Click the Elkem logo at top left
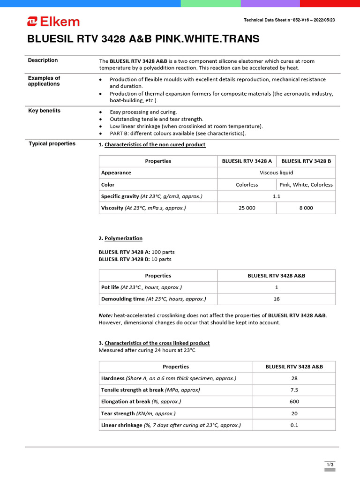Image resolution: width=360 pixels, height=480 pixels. pos(53,22)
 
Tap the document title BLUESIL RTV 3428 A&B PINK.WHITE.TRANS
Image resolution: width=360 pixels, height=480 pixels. pos(143,39)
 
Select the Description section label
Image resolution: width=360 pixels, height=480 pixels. pos(43,60)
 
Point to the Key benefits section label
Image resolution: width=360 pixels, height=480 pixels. pos(44,111)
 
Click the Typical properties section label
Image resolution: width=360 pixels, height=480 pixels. pos(52,143)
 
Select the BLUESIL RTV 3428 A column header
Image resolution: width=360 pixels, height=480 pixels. pos(247,161)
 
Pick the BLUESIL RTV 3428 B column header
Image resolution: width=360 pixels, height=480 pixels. pos(306,161)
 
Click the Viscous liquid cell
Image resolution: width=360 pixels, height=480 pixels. pos(277,172)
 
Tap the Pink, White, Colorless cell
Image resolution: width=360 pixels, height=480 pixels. pos(306,185)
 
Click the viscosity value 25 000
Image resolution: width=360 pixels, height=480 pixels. pos(247,208)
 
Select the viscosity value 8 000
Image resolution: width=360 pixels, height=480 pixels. pos(306,208)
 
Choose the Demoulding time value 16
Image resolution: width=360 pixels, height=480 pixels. pos(277,299)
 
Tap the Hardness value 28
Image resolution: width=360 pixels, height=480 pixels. pos(294,378)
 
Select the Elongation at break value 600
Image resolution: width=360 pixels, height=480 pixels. pos(294,401)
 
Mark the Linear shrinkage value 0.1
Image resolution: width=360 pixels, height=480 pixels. pos(294,425)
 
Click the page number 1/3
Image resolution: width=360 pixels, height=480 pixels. pos(330,464)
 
